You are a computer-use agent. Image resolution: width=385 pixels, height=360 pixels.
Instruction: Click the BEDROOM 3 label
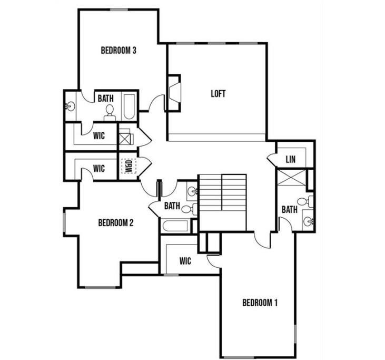coord(119,51)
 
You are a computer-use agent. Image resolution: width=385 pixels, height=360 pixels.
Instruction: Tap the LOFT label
coord(218,94)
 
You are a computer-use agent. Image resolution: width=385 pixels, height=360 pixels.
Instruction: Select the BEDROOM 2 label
coord(116,222)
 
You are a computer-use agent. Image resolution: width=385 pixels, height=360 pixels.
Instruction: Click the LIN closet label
coord(290,159)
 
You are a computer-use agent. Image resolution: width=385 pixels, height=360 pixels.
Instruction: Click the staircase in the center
coord(222,201)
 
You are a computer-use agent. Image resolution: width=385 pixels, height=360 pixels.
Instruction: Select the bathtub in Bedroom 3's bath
coord(130,106)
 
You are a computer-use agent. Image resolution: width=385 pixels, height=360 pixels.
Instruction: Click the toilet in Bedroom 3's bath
coord(110,110)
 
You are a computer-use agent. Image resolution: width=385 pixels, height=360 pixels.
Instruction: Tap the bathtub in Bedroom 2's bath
coord(175,227)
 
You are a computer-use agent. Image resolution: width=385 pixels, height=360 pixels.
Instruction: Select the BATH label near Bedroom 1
coord(289,209)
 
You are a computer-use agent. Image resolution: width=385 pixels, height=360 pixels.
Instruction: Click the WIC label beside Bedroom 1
coord(185,260)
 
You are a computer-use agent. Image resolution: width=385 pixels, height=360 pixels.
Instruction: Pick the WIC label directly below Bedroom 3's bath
coord(99,135)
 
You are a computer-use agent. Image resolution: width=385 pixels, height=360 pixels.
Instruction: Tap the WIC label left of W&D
coord(99,169)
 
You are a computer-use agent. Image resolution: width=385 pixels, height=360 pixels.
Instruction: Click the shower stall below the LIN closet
coord(291,177)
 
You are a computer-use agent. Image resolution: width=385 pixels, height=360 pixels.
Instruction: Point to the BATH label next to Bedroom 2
coord(172,206)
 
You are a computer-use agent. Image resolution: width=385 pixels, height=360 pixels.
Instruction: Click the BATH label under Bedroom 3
coord(105,98)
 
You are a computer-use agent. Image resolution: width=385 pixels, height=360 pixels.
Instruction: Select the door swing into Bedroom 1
coord(262,240)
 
